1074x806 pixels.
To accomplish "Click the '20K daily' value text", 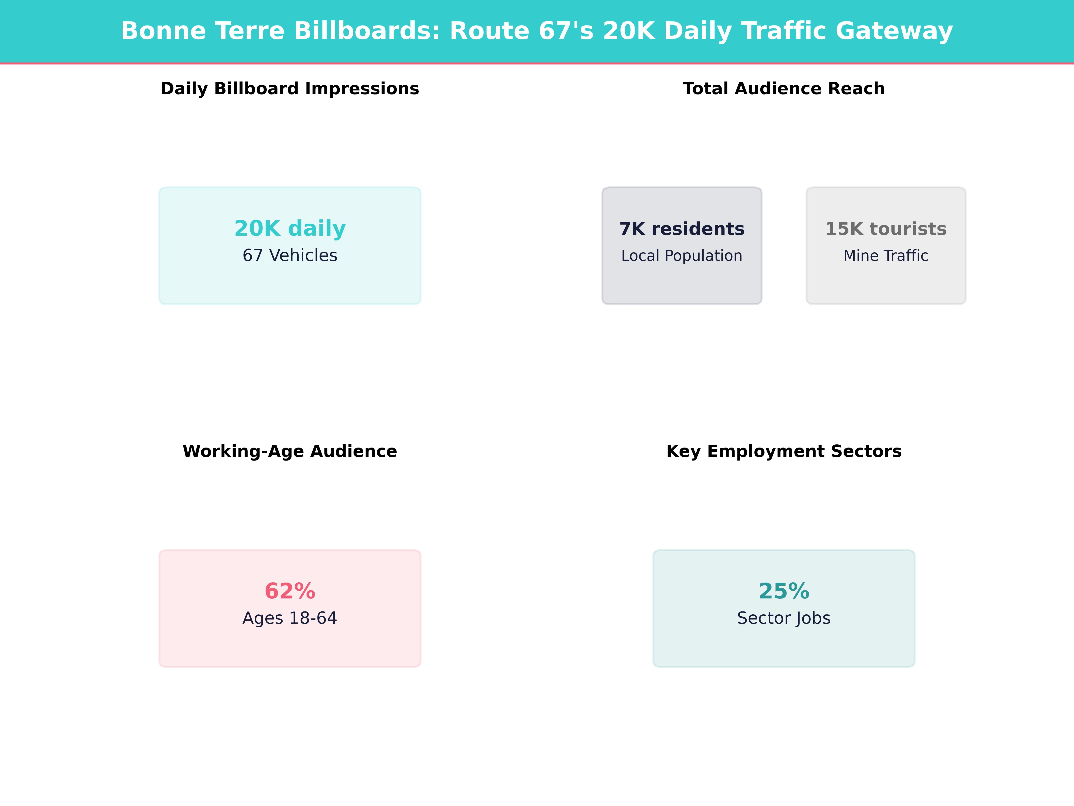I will tap(290, 228).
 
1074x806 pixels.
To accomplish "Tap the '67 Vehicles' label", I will tap(290, 255).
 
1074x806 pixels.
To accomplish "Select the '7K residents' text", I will tap(682, 229).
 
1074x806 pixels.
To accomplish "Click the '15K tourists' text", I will tap(886, 229).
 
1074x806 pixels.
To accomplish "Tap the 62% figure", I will tap(290, 591).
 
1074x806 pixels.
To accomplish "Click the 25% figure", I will tap(784, 591).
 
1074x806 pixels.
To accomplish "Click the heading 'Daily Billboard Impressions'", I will tap(290, 89).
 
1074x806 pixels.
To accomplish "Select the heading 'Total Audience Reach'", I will tap(784, 89).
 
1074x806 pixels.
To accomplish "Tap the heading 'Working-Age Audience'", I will tap(290, 451).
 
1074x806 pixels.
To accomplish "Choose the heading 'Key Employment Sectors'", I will tap(784, 451).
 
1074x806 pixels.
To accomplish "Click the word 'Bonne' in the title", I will tap(163, 31).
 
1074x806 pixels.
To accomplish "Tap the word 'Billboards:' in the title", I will tap(367, 31).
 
